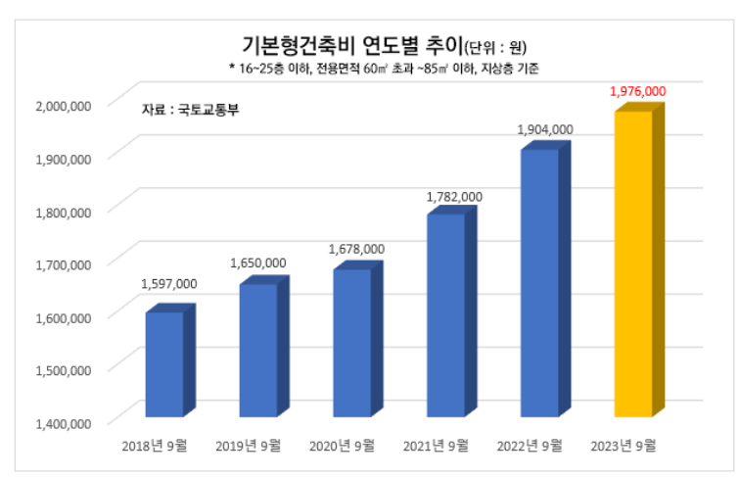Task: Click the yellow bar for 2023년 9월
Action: pyautogui.click(x=632, y=264)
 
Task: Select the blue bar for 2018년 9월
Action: pyautogui.click(x=164, y=364)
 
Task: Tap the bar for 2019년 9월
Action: pyautogui.click(x=258, y=351)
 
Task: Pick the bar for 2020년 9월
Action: pyautogui.click(x=351, y=343)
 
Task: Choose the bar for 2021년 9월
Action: pyautogui.click(x=445, y=315)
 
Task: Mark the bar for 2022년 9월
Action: pyautogui.click(x=539, y=283)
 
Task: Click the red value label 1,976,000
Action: pyautogui.click(x=637, y=91)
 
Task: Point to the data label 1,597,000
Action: pyautogui.click(x=169, y=284)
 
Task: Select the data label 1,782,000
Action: pyautogui.click(x=454, y=197)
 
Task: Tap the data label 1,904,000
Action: pyautogui.click(x=545, y=129)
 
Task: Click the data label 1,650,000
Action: pyautogui.click(x=258, y=262)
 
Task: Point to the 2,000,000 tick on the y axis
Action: pyautogui.click(x=64, y=105)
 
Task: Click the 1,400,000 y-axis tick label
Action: pyautogui.click(x=64, y=423)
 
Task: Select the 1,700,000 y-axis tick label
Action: pyautogui.click(x=64, y=263)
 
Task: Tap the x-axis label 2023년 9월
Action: pyautogui.click(x=624, y=446)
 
